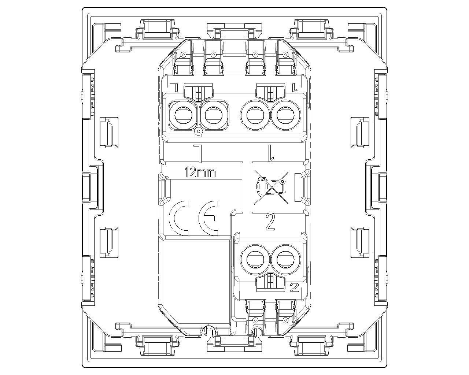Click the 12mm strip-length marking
(x=200, y=172)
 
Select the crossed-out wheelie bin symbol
(x=271, y=188)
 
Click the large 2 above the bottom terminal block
(x=270, y=222)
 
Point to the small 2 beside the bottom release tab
(x=295, y=287)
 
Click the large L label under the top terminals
(x=271, y=153)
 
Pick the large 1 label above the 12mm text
(x=198, y=154)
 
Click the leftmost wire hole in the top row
(x=183, y=115)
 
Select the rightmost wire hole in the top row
(x=285, y=115)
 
